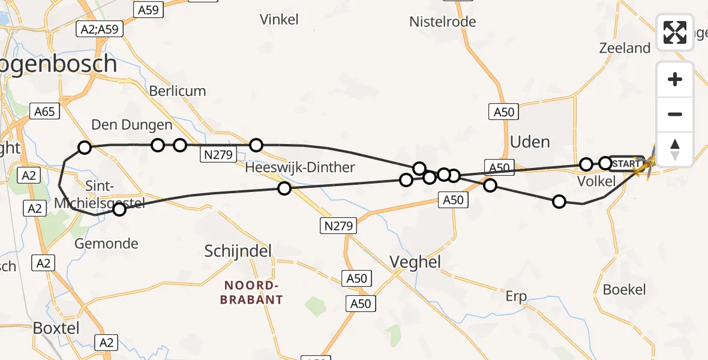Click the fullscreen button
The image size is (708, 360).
(675, 32)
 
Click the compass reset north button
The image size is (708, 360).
(675, 149)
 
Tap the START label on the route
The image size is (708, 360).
(627, 163)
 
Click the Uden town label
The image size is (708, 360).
(530, 142)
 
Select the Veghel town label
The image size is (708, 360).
(415, 262)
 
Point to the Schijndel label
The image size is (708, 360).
(238, 250)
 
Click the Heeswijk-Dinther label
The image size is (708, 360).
(300, 167)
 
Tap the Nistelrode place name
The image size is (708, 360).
(443, 22)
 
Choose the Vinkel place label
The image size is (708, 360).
(279, 20)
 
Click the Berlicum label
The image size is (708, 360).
(178, 91)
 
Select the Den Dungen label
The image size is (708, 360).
(132, 125)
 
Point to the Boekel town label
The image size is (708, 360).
(625, 290)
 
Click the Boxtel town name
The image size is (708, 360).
(56, 328)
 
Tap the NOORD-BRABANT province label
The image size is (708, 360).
(251, 292)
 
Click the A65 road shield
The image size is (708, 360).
(45, 111)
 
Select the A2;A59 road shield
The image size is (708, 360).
(100, 29)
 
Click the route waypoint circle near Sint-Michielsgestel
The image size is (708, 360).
(119, 209)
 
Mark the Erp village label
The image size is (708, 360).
(516, 296)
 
